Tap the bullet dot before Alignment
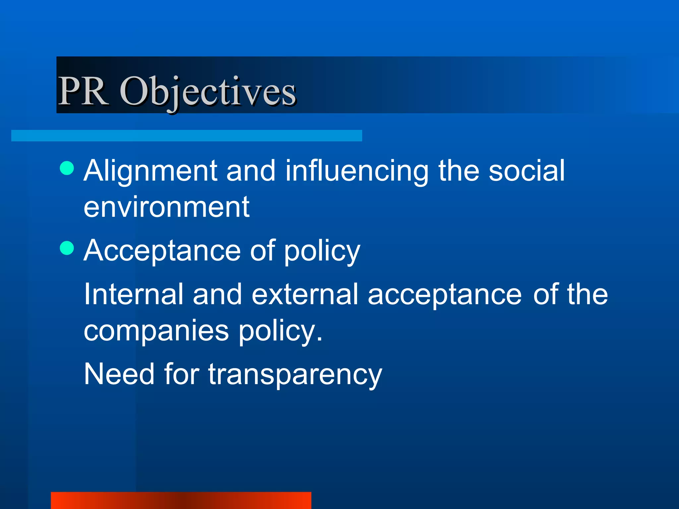[67, 168]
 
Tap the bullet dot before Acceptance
[67, 248]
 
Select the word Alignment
[150, 171]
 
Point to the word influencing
[357, 171]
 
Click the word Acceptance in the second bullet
[162, 251]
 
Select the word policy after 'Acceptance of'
[322, 252]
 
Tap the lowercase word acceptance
[445, 295]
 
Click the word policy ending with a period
[280, 331]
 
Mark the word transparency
[295, 375]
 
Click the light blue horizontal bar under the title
[186, 136]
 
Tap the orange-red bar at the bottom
[181, 500]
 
